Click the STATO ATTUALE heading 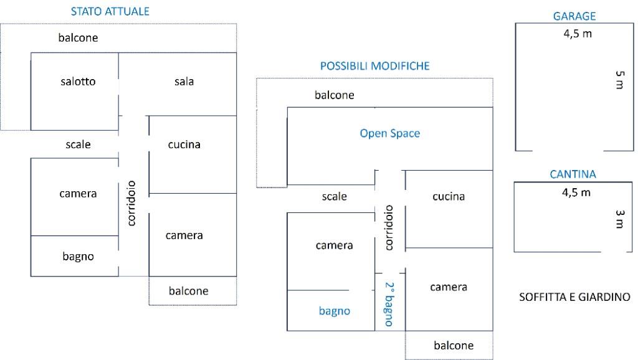[110, 12]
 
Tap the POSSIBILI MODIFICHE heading [374, 65]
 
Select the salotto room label [78, 82]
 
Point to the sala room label [184, 82]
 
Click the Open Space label [389, 133]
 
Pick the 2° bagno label [389, 304]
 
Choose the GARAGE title [574, 17]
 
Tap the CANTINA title [573, 174]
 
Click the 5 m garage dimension [619, 80]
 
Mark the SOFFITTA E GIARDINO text [574, 297]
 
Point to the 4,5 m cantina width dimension [576, 192]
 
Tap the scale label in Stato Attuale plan [78, 144]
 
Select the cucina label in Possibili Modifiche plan [449, 196]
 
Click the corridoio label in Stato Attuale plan [131, 203]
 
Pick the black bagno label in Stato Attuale [78, 256]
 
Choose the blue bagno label [334, 311]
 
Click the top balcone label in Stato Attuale [78, 38]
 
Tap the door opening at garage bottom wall [568, 151]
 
